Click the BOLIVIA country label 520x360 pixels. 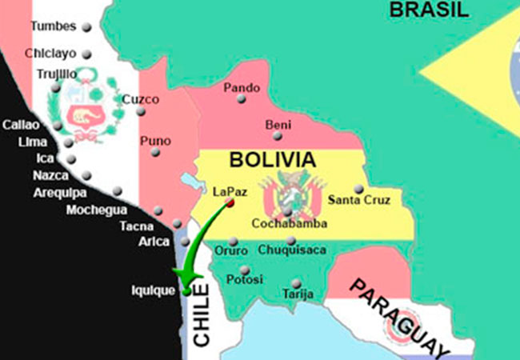[x=272, y=159]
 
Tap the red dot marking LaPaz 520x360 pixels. [x=230, y=203]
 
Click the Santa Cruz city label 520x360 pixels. [x=360, y=200]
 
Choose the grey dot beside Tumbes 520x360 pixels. [x=86, y=27]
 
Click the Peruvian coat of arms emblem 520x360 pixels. [x=83, y=113]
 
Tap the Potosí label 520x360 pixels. [x=244, y=279]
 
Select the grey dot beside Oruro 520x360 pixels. [x=234, y=241]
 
